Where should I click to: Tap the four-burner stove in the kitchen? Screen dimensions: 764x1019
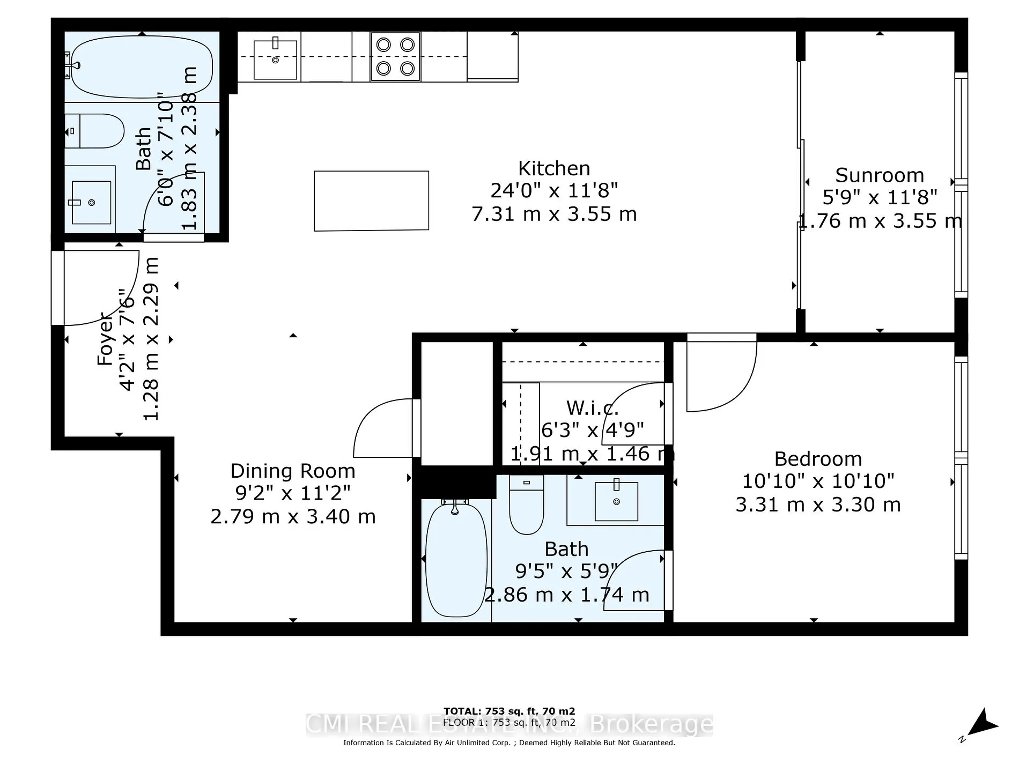395,56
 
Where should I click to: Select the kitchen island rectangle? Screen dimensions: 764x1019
371,201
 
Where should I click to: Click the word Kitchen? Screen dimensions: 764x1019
554,168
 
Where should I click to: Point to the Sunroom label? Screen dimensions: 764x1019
880,175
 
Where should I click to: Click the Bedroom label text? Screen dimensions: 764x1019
818,459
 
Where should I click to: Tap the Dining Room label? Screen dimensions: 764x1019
293,471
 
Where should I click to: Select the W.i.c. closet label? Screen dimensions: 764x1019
592,408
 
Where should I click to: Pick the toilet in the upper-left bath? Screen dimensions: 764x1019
95,131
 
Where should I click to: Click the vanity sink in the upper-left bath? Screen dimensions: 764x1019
91,202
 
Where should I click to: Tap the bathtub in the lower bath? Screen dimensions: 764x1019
455,559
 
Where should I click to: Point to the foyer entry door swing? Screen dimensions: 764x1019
99,287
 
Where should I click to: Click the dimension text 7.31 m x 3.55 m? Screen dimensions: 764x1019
554,214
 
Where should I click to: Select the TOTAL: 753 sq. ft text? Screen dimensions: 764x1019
509,711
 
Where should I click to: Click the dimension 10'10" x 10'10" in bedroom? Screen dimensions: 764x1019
818,481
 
